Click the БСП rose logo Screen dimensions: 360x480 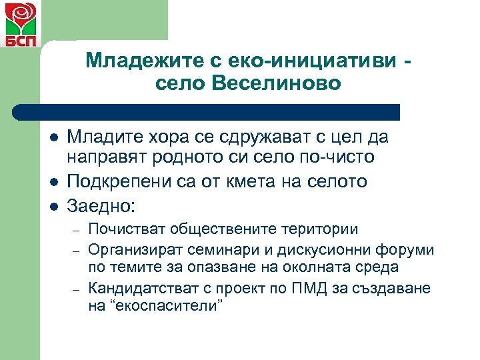click(x=17, y=25)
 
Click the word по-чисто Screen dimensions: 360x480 click(x=339, y=159)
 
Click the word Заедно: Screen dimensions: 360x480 click(x=100, y=203)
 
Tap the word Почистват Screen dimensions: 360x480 click(x=127, y=229)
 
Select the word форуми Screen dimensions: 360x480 click(x=405, y=250)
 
